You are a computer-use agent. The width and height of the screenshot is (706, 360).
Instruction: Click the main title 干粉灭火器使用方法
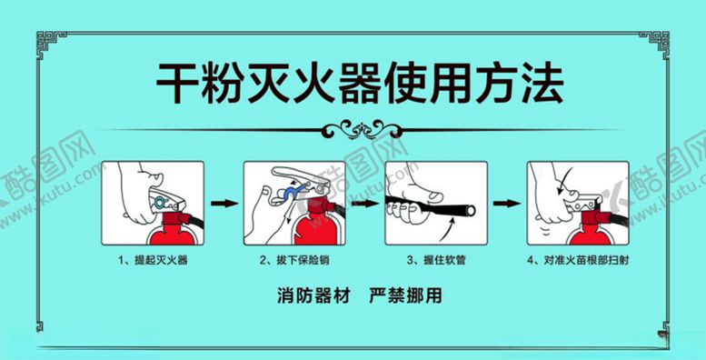coord(360,84)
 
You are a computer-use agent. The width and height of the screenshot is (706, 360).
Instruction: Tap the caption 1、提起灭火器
coord(153,260)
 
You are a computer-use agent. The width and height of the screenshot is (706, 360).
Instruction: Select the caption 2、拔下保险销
coord(294,260)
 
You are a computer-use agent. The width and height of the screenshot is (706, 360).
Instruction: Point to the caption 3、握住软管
coord(436,260)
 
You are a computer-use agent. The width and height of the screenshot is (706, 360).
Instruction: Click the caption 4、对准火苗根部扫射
coord(578,260)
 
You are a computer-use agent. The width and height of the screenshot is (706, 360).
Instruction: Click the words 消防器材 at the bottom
coord(313,295)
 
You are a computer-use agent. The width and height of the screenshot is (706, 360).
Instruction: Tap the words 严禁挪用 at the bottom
coord(405,295)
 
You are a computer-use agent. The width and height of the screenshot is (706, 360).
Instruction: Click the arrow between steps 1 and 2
coord(224,204)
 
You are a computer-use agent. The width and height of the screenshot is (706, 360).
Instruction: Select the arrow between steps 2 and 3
coord(365,204)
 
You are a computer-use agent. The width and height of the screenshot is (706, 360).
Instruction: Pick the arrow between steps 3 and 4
coord(507,204)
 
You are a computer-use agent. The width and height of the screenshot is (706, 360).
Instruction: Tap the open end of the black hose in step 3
coord(470,210)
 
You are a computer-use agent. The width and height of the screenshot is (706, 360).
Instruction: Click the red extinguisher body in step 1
coord(173,235)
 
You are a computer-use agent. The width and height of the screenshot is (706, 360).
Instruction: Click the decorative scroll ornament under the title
coord(363,129)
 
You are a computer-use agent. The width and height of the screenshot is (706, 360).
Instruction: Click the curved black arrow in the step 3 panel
coord(449,231)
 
